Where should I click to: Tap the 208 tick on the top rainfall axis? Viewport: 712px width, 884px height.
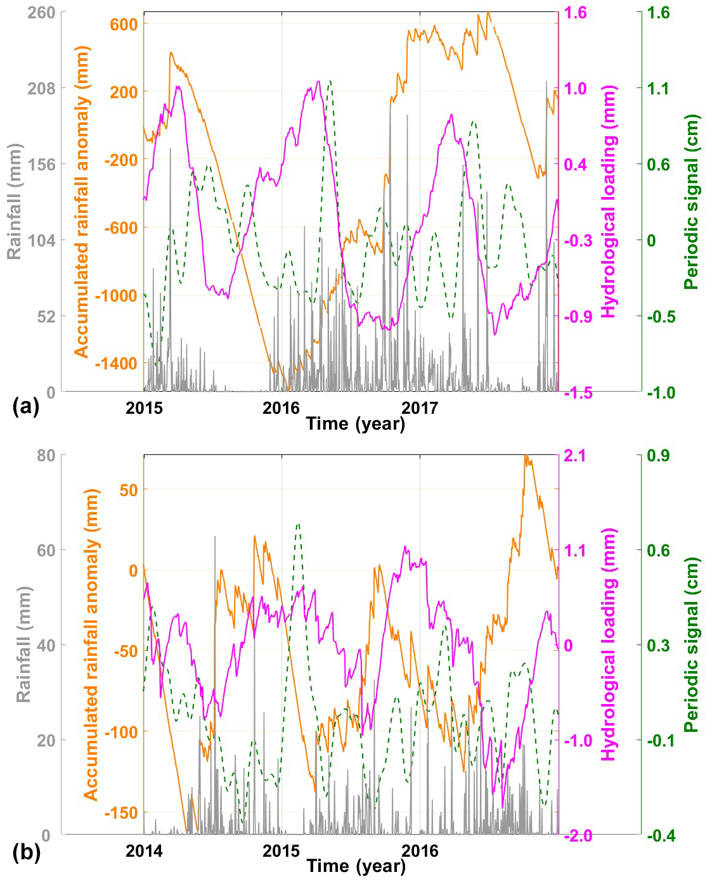pos(41,89)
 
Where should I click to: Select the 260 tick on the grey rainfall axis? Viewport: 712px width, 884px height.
pos(41,13)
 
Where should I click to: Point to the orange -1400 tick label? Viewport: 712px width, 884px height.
pos(116,364)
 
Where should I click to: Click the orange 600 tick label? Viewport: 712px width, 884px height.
pos(124,24)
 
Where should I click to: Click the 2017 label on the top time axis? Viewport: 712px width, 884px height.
pos(419,407)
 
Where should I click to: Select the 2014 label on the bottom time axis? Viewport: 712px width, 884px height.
pos(144,850)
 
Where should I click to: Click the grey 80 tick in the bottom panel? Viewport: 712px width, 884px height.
pos(48,456)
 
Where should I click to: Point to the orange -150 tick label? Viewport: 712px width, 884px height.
pos(120,813)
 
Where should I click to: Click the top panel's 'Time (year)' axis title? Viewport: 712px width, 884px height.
pos(356,423)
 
